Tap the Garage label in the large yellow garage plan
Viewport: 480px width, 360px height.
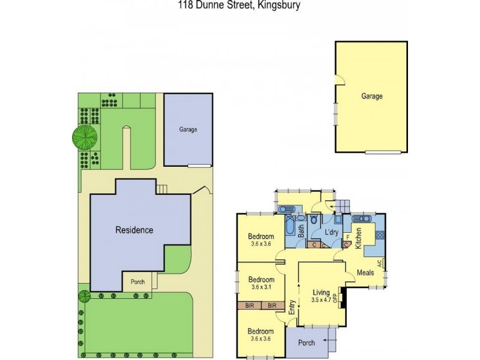point(372,96)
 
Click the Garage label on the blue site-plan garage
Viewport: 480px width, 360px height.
point(188,129)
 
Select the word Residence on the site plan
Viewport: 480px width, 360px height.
point(135,230)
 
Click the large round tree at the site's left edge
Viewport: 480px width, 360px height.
point(84,137)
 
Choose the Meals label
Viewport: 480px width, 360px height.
point(365,272)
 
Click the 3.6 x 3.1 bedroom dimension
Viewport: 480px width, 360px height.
point(261,287)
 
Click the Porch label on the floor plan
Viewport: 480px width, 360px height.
point(306,343)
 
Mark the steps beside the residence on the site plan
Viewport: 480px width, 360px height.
point(162,190)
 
